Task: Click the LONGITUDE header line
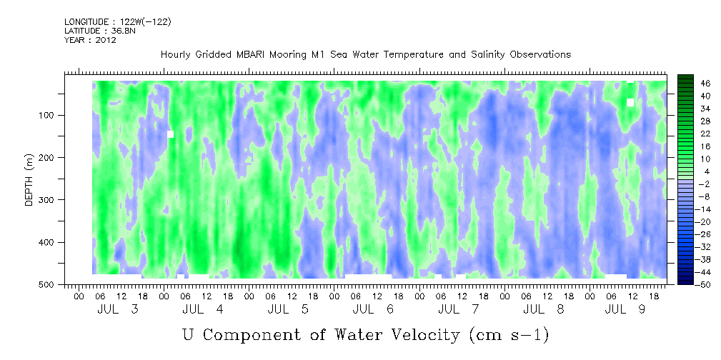coord(118,21)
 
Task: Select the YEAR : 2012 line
coord(90,40)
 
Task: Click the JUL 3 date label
coord(118,309)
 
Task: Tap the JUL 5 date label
coord(288,309)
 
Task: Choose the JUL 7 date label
coord(459,309)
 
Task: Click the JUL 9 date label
coord(625,309)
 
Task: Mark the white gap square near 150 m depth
coord(170,134)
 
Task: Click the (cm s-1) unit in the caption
coord(508,336)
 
